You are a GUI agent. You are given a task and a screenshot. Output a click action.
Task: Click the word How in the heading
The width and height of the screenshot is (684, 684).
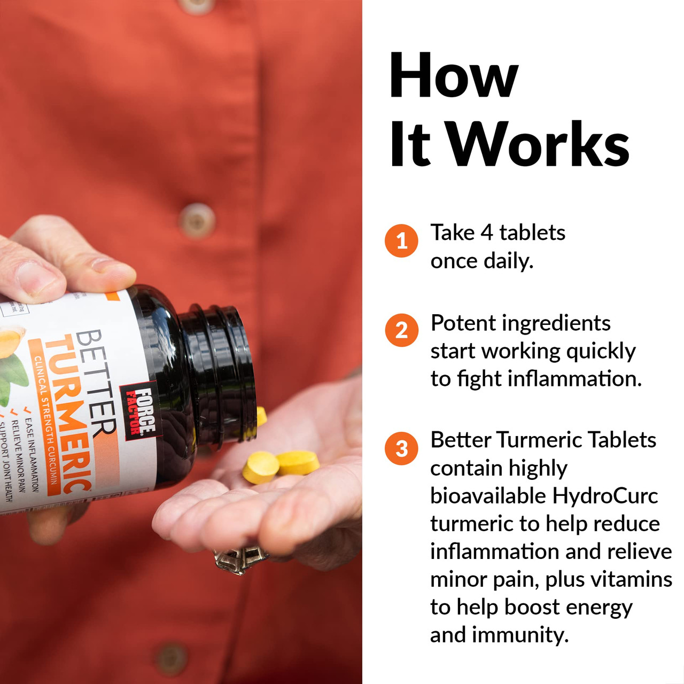(x=454, y=76)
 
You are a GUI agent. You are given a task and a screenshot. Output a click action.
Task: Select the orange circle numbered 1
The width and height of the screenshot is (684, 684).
(x=401, y=240)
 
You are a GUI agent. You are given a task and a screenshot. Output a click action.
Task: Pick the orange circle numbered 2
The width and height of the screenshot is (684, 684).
(x=401, y=330)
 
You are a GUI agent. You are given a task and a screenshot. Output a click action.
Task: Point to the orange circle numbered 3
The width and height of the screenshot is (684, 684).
(x=401, y=448)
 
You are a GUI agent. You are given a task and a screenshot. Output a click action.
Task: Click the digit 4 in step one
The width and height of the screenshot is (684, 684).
(x=486, y=233)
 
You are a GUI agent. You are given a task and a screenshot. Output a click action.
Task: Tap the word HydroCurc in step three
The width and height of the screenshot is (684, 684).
(x=605, y=496)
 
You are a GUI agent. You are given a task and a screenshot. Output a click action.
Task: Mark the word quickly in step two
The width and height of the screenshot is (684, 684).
(x=601, y=352)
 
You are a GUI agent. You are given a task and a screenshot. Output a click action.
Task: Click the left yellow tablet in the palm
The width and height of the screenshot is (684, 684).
(x=260, y=467)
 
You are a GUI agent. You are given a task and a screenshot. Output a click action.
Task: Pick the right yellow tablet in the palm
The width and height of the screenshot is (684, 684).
(x=298, y=463)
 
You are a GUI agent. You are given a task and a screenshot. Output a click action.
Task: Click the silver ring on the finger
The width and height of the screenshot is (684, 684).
(x=240, y=558)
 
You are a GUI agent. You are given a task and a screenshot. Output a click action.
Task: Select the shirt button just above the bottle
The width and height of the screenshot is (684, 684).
(x=197, y=220)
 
